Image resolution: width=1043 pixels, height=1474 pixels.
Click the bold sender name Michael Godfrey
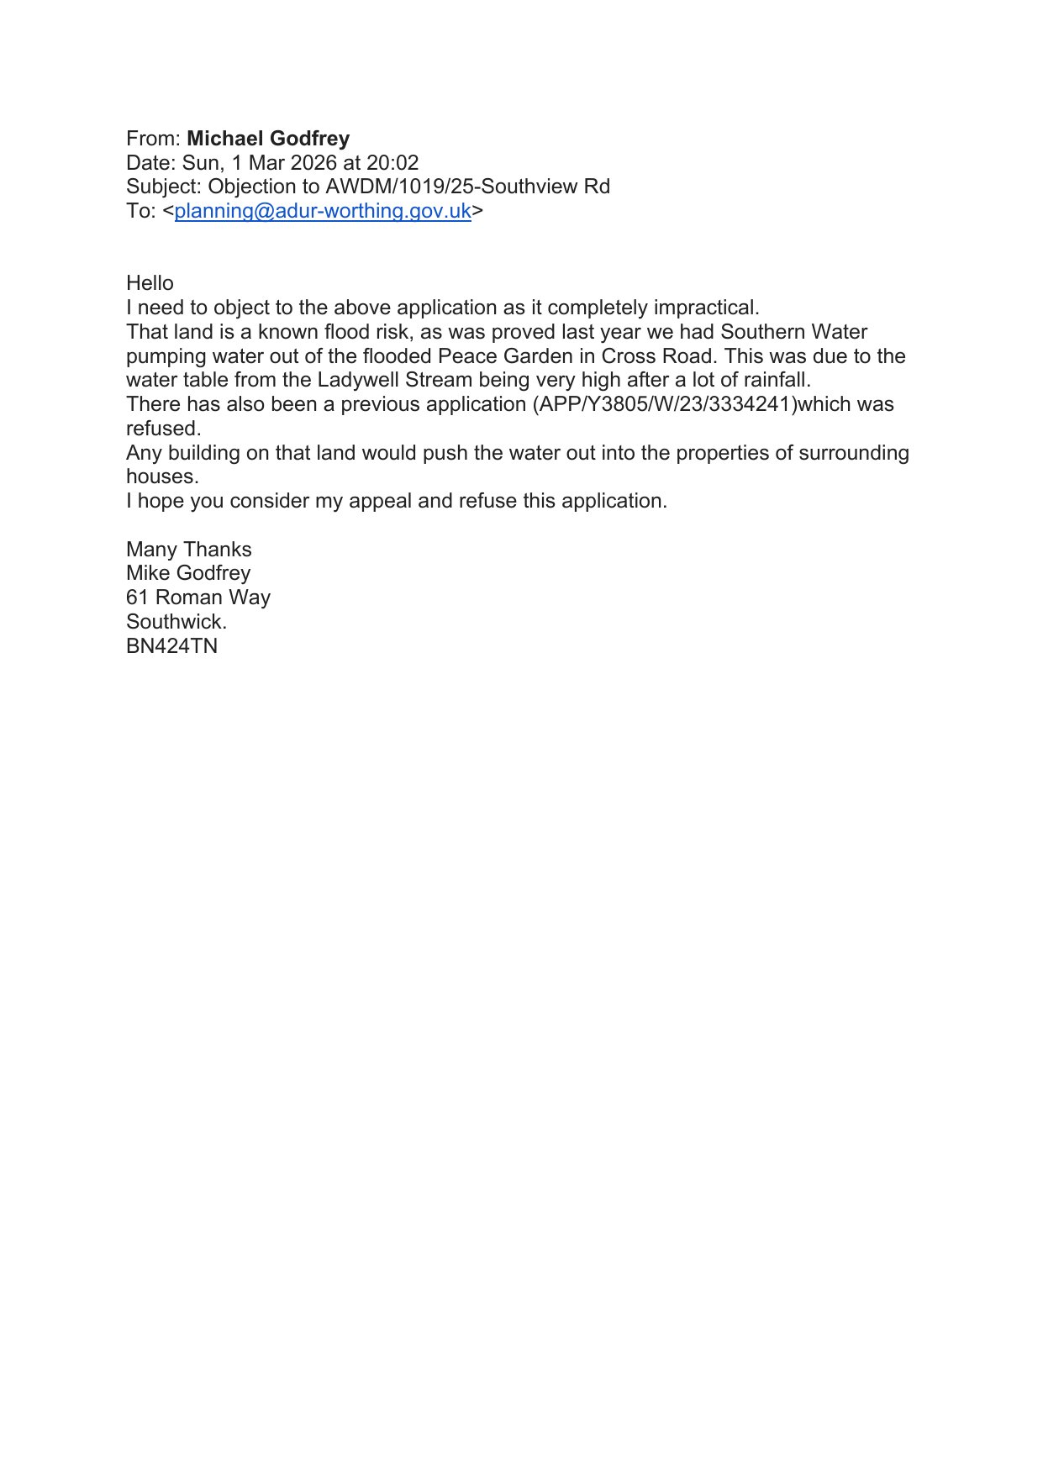click(268, 139)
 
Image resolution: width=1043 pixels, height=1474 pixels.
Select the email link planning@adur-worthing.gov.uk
click(323, 211)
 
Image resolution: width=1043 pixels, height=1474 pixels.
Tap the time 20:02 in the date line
click(392, 163)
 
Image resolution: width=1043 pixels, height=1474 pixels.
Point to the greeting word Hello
click(150, 283)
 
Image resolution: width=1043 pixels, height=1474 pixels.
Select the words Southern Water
click(793, 332)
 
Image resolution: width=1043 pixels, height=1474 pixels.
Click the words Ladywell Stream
click(394, 380)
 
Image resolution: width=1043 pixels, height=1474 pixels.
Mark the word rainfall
click(777, 380)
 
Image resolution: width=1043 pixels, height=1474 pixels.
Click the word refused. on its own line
click(164, 429)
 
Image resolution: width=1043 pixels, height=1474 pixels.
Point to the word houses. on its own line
click(162, 476)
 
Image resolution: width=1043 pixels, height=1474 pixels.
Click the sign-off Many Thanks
click(189, 550)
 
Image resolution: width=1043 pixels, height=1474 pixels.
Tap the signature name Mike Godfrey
click(188, 573)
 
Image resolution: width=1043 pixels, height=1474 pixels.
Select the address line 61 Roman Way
click(198, 597)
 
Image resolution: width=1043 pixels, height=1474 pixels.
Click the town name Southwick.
click(176, 622)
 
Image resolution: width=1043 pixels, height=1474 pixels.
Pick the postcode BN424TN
click(171, 646)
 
